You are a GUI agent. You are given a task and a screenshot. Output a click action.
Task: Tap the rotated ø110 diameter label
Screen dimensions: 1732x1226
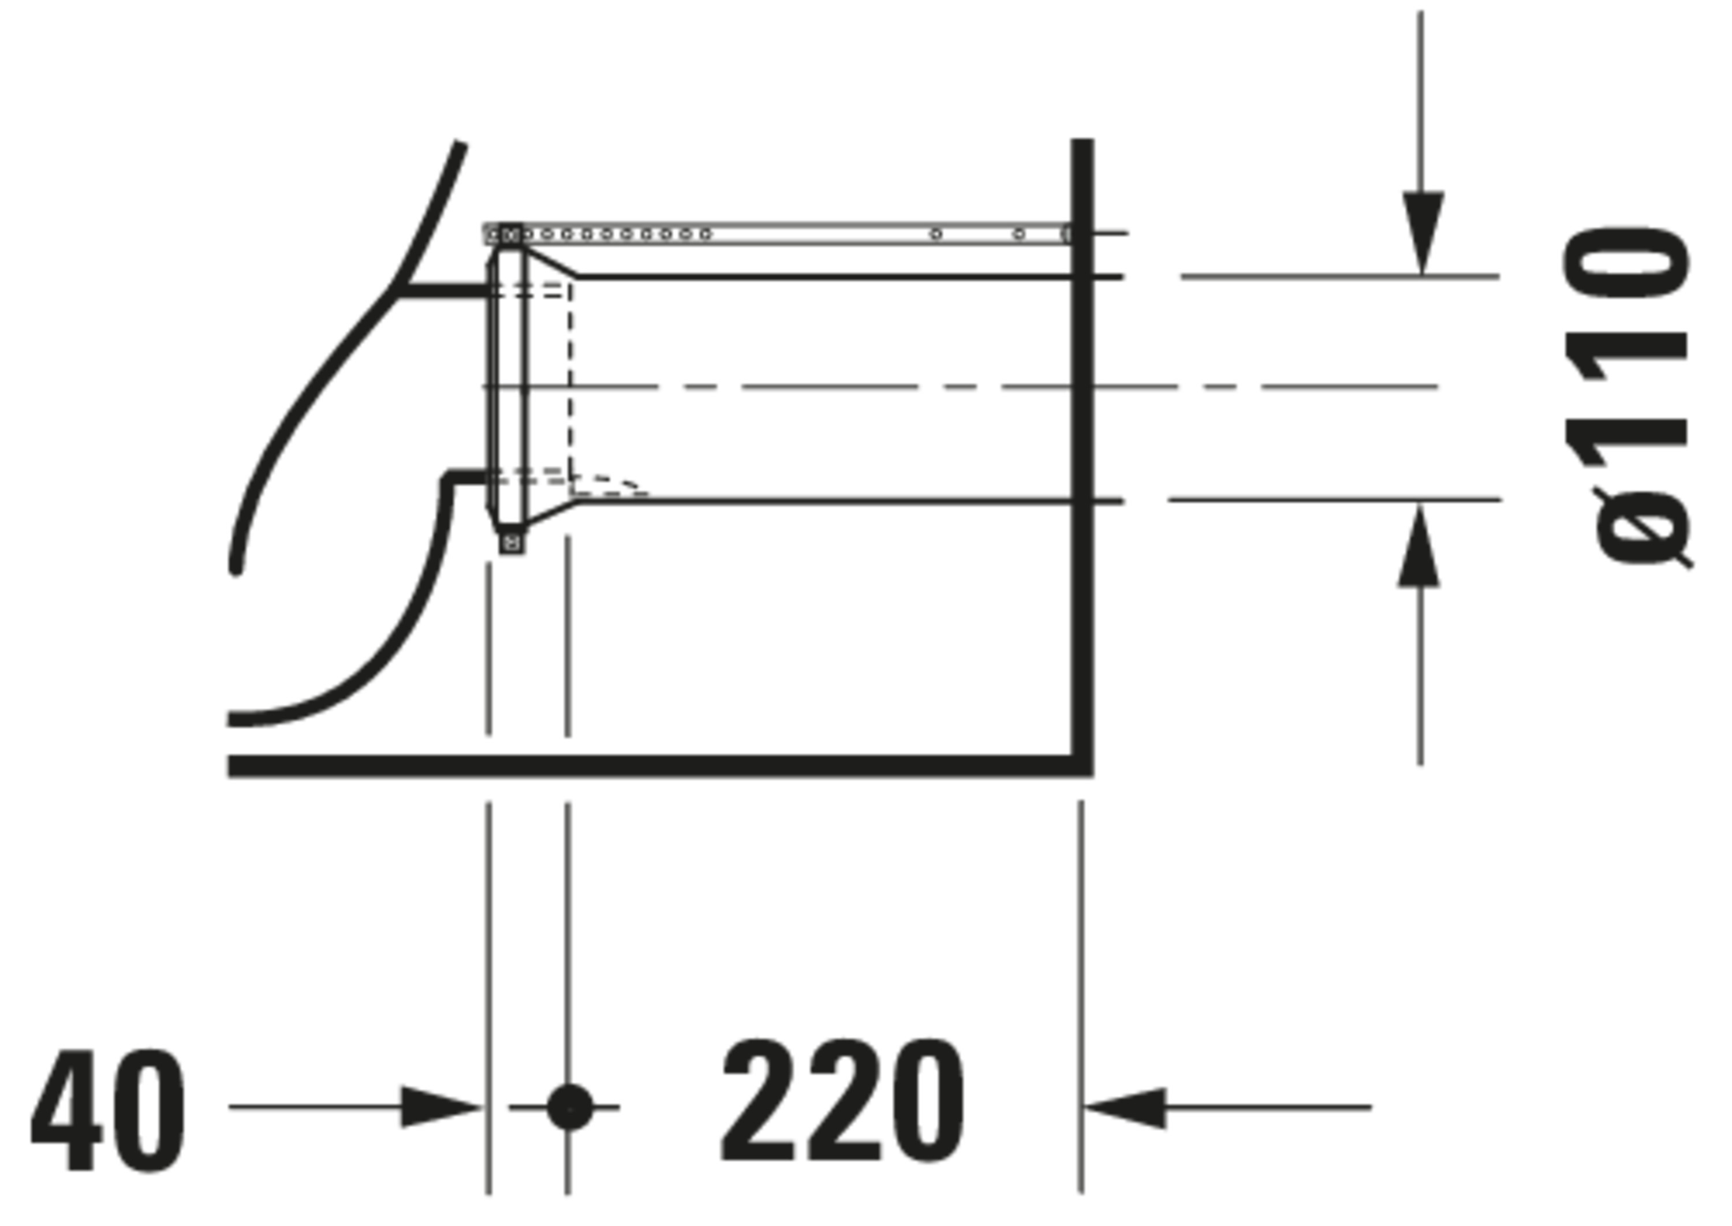point(1626,397)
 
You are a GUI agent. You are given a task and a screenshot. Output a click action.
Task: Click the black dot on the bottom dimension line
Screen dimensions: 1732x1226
point(569,1108)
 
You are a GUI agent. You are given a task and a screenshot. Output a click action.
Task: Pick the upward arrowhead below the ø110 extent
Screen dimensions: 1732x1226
point(1419,545)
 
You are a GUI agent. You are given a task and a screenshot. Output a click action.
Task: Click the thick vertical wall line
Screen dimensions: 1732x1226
point(1082,457)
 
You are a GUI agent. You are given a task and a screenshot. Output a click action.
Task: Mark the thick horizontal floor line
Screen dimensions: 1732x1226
point(660,765)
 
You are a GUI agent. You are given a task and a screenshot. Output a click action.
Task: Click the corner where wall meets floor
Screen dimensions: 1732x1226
point(1082,765)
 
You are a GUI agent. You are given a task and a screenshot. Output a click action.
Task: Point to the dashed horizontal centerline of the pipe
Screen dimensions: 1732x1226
point(960,387)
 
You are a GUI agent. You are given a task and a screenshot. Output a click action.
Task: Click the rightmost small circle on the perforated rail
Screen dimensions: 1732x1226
point(1018,234)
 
